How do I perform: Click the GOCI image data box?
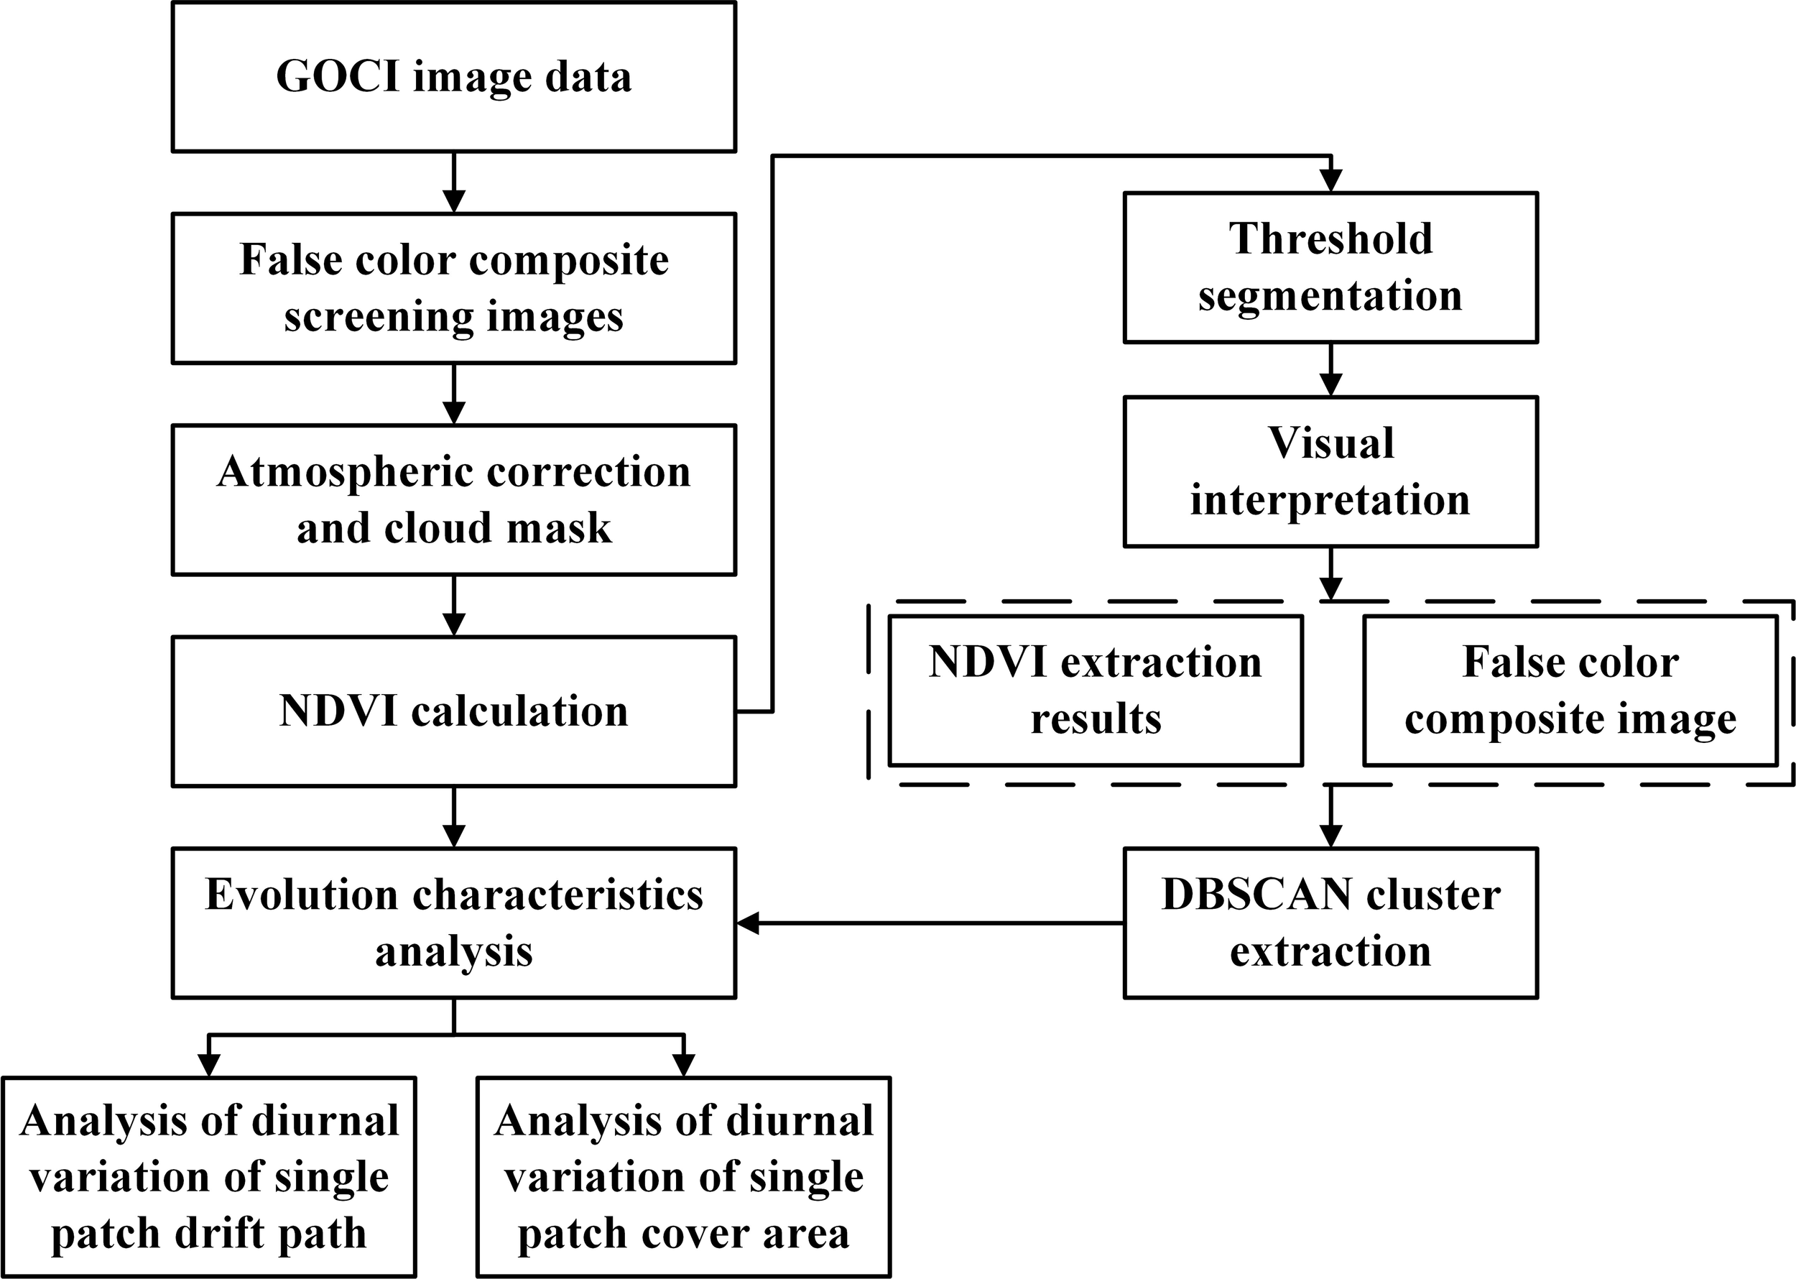[453, 76]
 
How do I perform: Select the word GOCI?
[338, 77]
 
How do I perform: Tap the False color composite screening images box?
[453, 287]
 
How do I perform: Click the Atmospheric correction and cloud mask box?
[453, 499]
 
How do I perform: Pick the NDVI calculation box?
[453, 711]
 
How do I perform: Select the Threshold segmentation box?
[1330, 267]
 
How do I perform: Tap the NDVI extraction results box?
[1096, 690]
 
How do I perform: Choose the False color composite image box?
[1570, 690]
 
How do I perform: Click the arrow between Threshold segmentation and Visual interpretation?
[1330, 370]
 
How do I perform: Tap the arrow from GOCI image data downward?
[453, 183]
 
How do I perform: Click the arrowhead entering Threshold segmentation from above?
[1330, 182]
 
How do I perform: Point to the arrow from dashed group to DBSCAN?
[1330, 817]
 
